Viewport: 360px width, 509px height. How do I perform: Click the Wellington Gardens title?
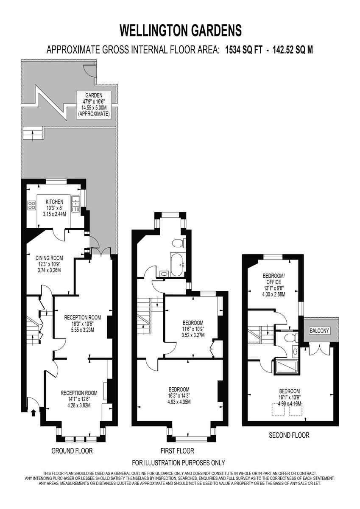pyautogui.click(x=181, y=31)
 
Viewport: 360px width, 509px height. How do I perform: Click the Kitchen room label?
pyautogui.click(x=54, y=202)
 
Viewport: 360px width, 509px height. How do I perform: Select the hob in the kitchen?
pyautogui.click(x=32, y=206)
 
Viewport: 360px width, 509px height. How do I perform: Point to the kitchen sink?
pyautogui.click(x=76, y=204)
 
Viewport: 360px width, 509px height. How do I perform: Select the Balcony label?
pyautogui.click(x=319, y=330)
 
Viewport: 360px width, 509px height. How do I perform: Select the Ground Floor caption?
pyautogui.click(x=72, y=450)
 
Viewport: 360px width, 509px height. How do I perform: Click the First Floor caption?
pyautogui.click(x=177, y=451)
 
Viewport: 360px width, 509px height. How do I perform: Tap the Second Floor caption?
pyautogui.click(x=289, y=435)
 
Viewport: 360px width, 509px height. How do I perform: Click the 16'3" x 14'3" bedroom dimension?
pyautogui.click(x=179, y=396)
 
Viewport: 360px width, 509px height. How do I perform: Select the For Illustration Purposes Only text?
pyautogui.click(x=179, y=463)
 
